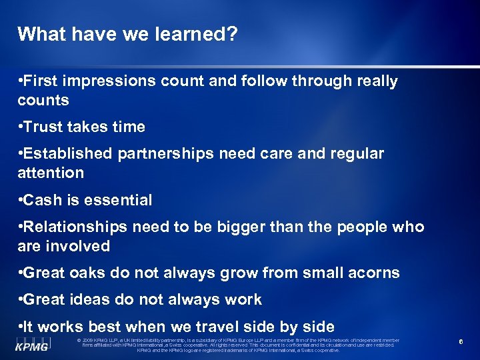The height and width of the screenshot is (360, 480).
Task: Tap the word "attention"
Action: point(51,173)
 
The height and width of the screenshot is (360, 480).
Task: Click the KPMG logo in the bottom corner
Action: point(32,344)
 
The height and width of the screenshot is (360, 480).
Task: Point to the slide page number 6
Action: point(461,342)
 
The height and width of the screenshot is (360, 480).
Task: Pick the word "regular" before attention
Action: point(356,154)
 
